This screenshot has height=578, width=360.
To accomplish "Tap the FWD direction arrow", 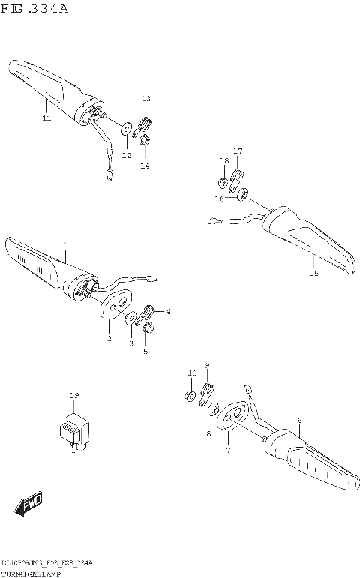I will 29,505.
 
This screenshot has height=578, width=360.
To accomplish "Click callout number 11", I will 46,118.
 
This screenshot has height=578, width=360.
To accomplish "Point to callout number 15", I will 313,274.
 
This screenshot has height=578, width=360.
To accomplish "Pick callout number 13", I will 145,99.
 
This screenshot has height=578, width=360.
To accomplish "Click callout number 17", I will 238,151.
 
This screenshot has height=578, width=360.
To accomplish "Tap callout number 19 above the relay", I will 73,395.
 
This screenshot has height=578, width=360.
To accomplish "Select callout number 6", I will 298,421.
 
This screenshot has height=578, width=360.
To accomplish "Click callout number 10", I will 192,373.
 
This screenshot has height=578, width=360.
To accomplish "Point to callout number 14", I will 145,166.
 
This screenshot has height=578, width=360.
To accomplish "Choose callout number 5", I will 145,350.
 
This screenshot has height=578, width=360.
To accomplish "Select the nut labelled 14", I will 145,140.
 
